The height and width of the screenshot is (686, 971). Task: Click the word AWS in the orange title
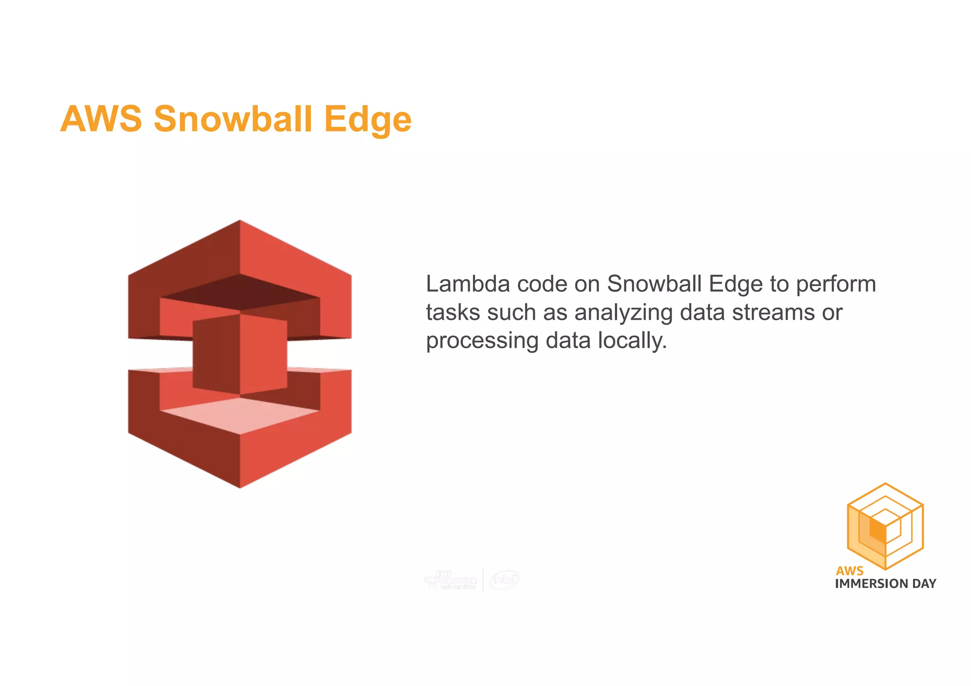point(101,118)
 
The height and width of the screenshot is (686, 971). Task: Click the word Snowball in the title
point(233,118)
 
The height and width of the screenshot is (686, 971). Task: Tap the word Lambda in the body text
point(467,284)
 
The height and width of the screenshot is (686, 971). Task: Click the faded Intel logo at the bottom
point(504,580)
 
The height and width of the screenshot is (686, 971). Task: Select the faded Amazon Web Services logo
point(451,580)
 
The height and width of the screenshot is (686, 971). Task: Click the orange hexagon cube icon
point(885,526)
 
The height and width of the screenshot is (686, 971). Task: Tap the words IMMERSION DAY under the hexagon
point(885,584)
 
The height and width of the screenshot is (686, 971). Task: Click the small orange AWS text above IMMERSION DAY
point(850,570)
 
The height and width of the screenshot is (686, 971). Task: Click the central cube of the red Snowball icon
point(240,354)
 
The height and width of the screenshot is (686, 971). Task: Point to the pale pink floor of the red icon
point(240,415)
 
